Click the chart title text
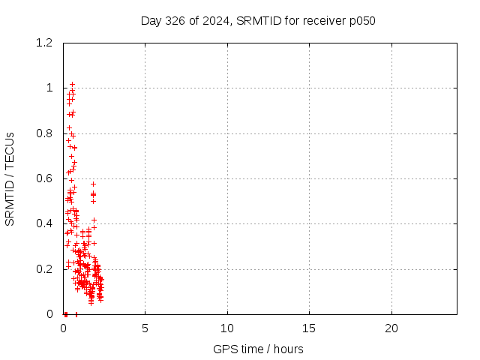click(x=258, y=21)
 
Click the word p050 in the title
click(x=362, y=22)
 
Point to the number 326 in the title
click(x=175, y=21)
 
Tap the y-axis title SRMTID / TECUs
click(x=10, y=179)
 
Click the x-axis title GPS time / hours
click(x=258, y=349)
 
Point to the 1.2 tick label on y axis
click(x=44, y=43)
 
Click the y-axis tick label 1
click(x=49, y=88)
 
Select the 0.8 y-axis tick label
click(x=44, y=133)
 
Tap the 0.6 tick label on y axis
click(x=44, y=178)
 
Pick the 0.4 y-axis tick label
click(x=44, y=223)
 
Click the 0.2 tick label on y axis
click(x=44, y=269)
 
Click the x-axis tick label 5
click(x=145, y=328)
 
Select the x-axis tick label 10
click(x=227, y=328)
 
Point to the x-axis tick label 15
click(x=309, y=328)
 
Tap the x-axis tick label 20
click(x=391, y=328)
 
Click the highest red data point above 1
click(x=72, y=84)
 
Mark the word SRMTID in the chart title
click(x=259, y=21)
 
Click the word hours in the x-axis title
click(x=288, y=349)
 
